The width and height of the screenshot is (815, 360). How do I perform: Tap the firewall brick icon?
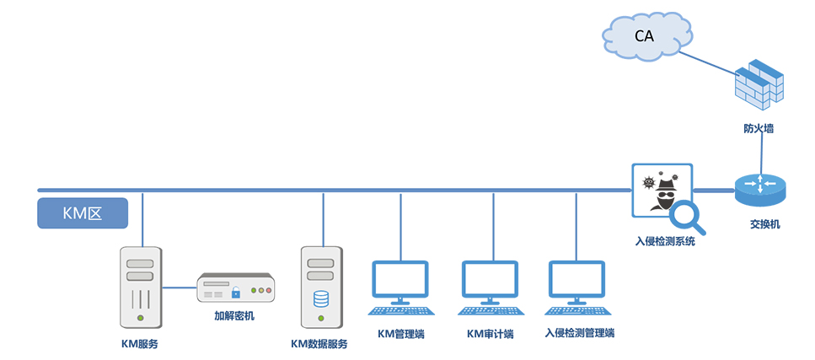(x=760, y=87)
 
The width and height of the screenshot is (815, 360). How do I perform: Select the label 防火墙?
(x=759, y=129)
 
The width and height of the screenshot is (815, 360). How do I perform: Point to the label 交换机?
(x=764, y=224)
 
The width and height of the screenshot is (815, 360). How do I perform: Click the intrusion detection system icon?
(x=662, y=192)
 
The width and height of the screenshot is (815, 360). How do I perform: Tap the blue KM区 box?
(x=83, y=213)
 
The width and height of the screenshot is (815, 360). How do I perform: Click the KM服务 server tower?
(x=141, y=287)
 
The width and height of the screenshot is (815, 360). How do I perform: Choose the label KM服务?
(x=140, y=343)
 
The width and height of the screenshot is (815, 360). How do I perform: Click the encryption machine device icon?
(x=236, y=287)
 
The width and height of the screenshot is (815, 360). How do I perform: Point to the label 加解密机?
(x=234, y=316)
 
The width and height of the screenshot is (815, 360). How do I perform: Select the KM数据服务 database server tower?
(x=322, y=287)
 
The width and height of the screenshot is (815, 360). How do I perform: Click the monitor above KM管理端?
(x=400, y=282)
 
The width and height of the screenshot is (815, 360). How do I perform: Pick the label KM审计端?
(x=490, y=333)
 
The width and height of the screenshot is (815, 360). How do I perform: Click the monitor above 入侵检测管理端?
(x=577, y=282)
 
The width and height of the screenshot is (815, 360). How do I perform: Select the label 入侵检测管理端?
(x=580, y=332)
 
